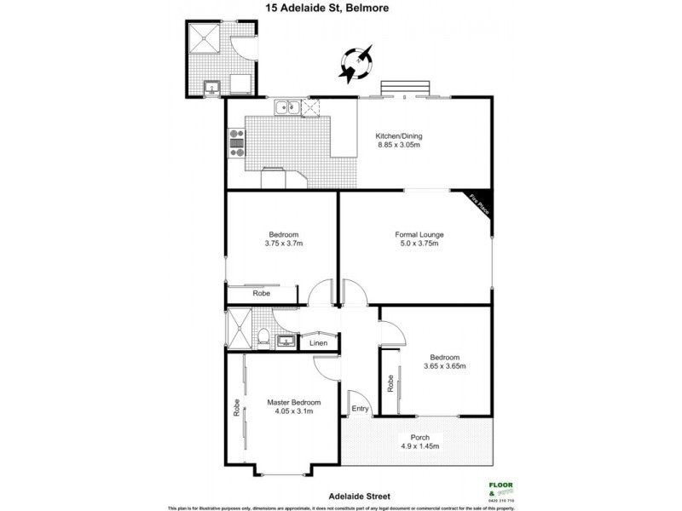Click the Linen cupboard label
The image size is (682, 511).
318,343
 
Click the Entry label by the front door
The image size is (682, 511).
361,409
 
